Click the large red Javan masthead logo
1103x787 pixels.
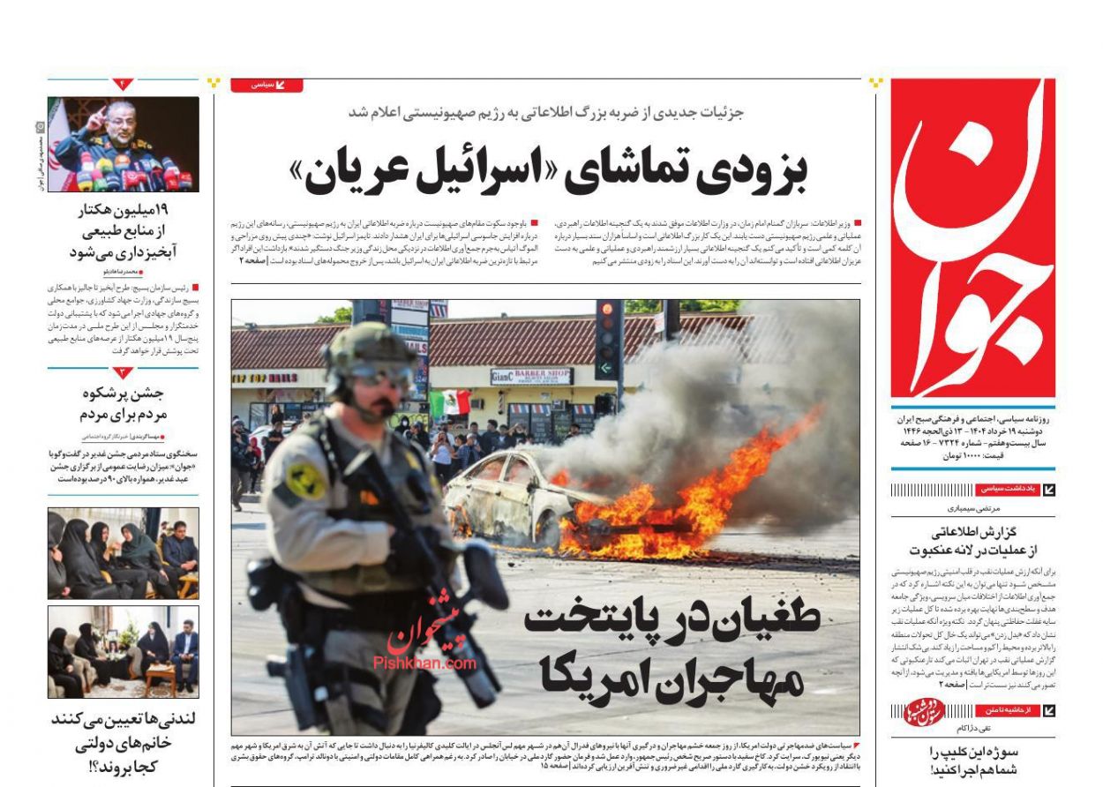pos(972,238)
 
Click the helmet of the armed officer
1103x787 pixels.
pos(369,349)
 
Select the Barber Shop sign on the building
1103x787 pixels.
pos(531,376)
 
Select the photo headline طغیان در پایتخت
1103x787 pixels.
pos(671,648)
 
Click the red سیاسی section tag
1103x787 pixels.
pos(266,86)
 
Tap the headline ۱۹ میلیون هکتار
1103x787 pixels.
pos(124,231)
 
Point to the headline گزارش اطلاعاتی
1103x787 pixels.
pos(972,541)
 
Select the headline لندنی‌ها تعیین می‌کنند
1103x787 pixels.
pos(124,741)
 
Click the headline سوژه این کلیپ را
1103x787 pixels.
pos(972,761)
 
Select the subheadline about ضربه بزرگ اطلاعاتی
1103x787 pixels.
pos(547,113)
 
